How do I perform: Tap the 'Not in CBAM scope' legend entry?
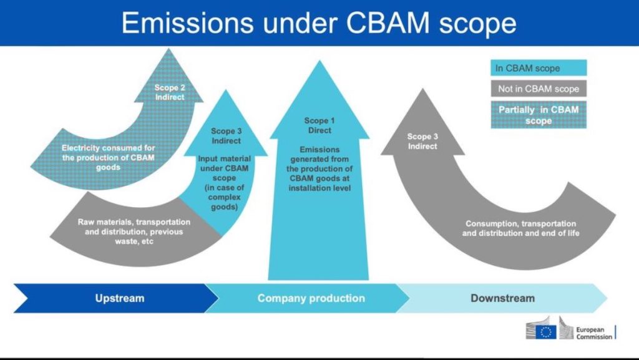pos(538,89)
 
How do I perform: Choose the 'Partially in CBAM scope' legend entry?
pos(538,115)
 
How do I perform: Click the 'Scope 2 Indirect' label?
pos(169,92)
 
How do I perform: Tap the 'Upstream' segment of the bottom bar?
pos(119,298)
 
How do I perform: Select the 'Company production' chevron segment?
pos(311,298)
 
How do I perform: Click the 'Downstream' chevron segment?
pos(502,298)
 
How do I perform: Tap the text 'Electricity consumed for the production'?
pos(109,153)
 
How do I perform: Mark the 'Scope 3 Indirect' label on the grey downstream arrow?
pos(422,141)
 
